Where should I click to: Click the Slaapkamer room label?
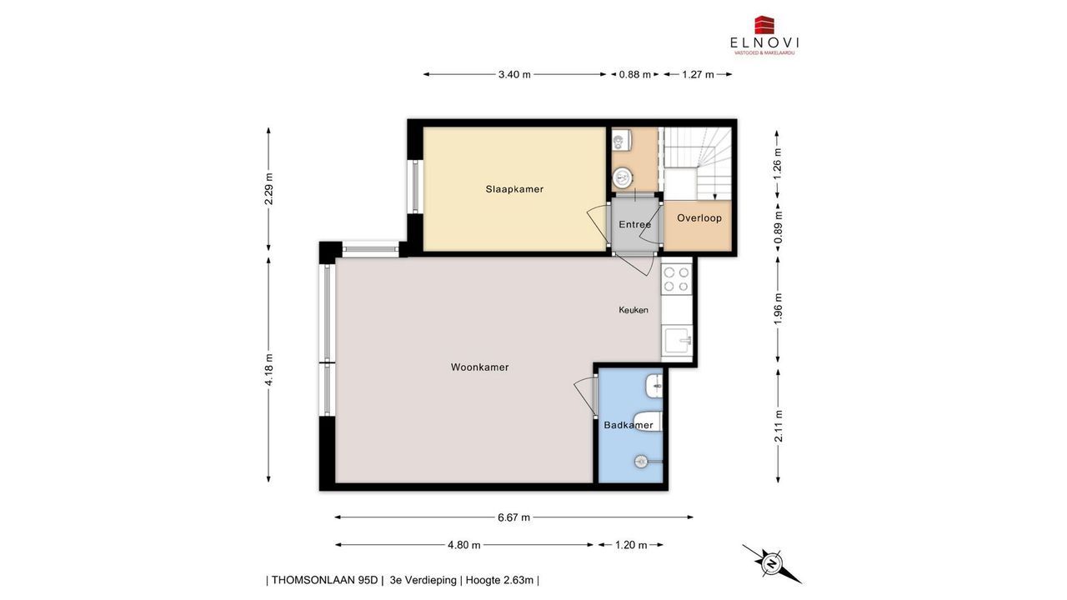[514, 189]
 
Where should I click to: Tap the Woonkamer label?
[479, 367]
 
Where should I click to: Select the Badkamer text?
[629, 425]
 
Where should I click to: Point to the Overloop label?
[699, 218]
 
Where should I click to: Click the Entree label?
[634, 224]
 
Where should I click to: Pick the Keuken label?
[633, 310]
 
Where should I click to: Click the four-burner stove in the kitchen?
[676, 279]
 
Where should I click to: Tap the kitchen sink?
[677, 340]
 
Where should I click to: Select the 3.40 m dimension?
[514, 74]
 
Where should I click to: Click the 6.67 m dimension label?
[514, 517]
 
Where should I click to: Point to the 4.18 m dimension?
[268, 369]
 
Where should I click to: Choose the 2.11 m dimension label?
[779, 426]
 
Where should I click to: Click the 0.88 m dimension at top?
[634, 74]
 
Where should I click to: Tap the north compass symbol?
[771, 564]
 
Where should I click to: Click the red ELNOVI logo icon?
[764, 25]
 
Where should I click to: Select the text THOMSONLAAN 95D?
[324, 580]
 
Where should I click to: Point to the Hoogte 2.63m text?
[499, 580]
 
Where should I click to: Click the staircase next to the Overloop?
[698, 163]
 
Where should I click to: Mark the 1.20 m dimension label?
[631, 545]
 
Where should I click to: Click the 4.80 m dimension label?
[464, 545]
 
